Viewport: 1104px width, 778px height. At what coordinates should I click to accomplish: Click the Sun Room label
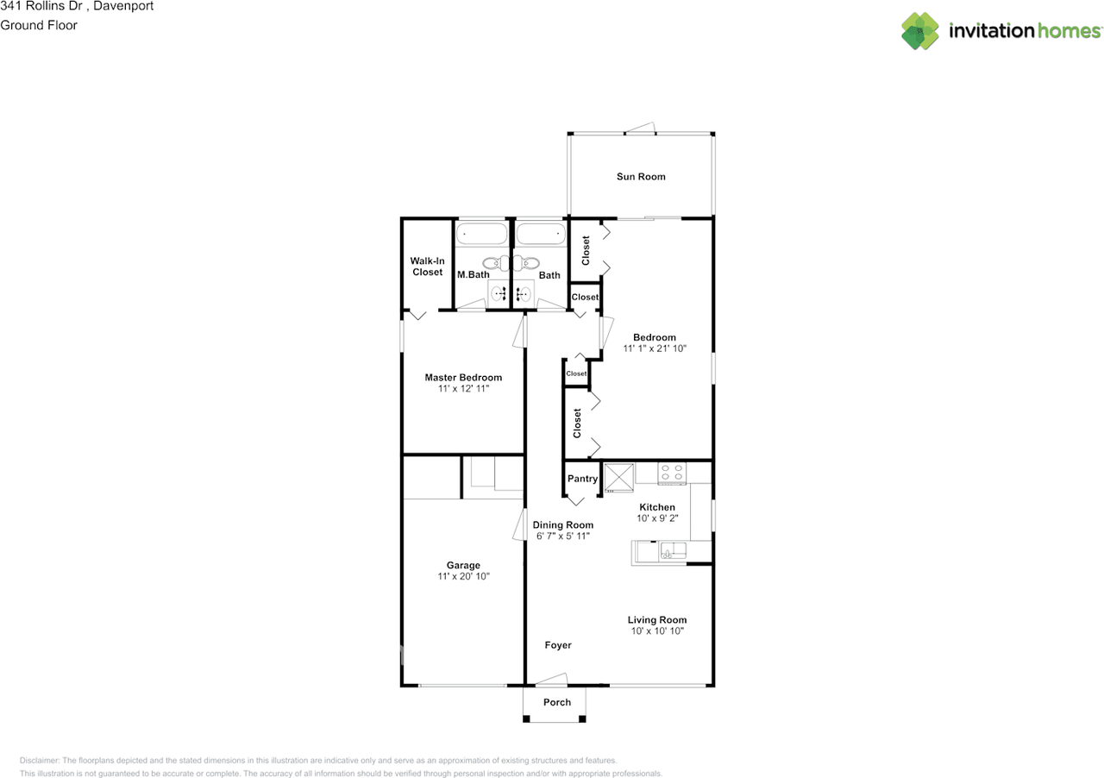click(x=640, y=177)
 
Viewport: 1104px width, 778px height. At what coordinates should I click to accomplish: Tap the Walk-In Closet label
click(x=426, y=267)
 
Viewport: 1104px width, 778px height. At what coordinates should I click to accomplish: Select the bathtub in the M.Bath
click(x=481, y=233)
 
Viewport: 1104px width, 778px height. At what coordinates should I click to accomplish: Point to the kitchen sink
click(x=672, y=551)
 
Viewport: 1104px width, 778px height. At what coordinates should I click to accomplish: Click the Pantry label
click(x=582, y=480)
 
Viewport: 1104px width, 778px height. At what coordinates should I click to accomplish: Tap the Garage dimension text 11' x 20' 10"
click(x=463, y=577)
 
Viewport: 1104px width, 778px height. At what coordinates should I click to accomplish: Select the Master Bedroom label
click(x=463, y=378)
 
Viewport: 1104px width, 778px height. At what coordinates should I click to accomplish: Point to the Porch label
click(x=556, y=702)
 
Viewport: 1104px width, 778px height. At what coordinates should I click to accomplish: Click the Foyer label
click(x=558, y=645)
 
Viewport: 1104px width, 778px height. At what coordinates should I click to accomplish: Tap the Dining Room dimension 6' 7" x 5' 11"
click(x=562, y=536)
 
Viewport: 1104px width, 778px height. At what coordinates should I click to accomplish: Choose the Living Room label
click(x=656, y=619)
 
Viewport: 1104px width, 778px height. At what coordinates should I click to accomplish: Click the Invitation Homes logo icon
click(x=920, y=31)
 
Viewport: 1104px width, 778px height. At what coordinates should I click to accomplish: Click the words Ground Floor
click(x=39, y=25)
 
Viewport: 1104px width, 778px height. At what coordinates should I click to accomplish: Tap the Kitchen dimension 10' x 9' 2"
click(x=657, y=518)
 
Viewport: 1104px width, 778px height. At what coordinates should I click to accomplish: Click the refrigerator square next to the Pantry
click(x=618, y=477)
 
